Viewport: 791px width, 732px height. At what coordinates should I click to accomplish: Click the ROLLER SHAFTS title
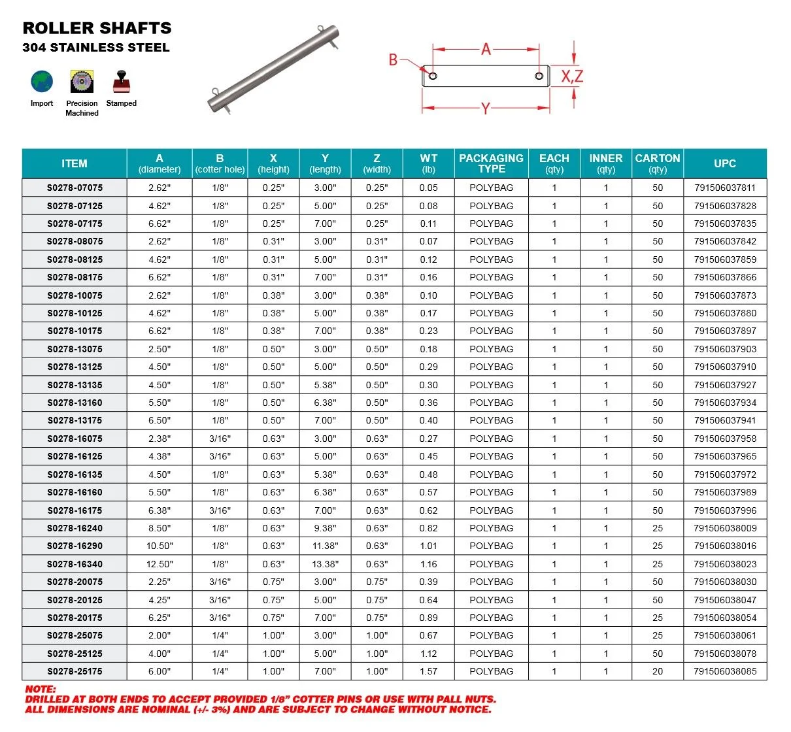[97, 28]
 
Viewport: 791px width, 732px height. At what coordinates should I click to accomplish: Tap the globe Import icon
[42, 82]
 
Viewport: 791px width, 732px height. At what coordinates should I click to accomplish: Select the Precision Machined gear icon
[82, 82]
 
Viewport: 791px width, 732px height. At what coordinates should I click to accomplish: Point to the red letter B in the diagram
[393, 60]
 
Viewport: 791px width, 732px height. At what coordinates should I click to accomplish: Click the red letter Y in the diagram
[485, 109]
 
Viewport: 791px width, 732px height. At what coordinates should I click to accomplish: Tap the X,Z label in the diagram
[572, 76]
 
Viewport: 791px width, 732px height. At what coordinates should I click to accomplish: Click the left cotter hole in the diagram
[432, 76]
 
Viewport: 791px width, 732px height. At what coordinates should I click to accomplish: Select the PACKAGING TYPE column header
[491, 163]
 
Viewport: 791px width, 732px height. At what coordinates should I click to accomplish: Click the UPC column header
[724, 163]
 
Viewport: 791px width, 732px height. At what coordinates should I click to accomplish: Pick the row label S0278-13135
[75, 385]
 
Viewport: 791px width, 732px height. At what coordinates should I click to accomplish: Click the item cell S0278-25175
[75, 671]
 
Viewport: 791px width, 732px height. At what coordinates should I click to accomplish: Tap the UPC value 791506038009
[725, 528]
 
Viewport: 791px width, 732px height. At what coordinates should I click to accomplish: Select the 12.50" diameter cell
[160, 564]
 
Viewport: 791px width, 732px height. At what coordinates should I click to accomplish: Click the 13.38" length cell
[325, 564]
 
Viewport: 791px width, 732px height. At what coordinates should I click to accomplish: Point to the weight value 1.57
[428, 671]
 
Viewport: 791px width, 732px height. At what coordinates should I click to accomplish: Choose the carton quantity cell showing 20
[657, 671]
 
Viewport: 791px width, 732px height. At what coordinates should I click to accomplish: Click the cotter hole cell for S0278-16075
[220, 439]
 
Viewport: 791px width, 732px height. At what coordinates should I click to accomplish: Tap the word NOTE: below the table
[41, 689]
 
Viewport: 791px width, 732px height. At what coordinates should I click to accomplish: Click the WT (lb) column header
[428, 163]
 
